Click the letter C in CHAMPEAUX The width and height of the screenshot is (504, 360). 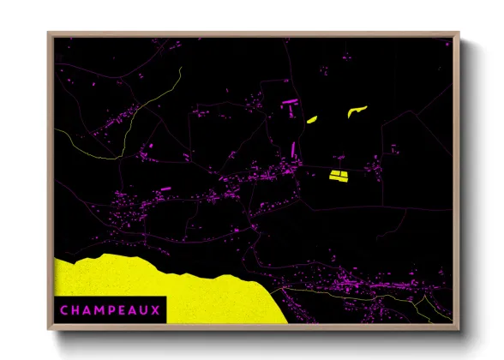coord(64,310)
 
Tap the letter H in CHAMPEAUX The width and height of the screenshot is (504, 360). coord(76,310)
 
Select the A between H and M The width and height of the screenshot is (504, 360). coord(88,310)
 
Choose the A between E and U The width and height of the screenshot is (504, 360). coord(134,310)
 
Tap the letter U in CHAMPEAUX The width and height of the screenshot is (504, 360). coord(145,310)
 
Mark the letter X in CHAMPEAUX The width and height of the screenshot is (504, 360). coord(156,310)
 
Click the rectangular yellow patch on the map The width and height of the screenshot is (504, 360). coord(338,177)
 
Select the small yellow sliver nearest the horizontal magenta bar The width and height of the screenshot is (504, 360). coord(312,119)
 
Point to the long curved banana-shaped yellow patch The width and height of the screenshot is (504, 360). coord(356,111)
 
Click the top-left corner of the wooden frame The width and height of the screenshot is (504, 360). coord(49,33)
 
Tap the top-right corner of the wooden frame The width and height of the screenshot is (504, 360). coord(459,33)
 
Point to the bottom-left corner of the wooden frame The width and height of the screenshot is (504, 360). coord(49,330)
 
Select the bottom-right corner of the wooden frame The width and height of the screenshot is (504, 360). coord(459,330)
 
